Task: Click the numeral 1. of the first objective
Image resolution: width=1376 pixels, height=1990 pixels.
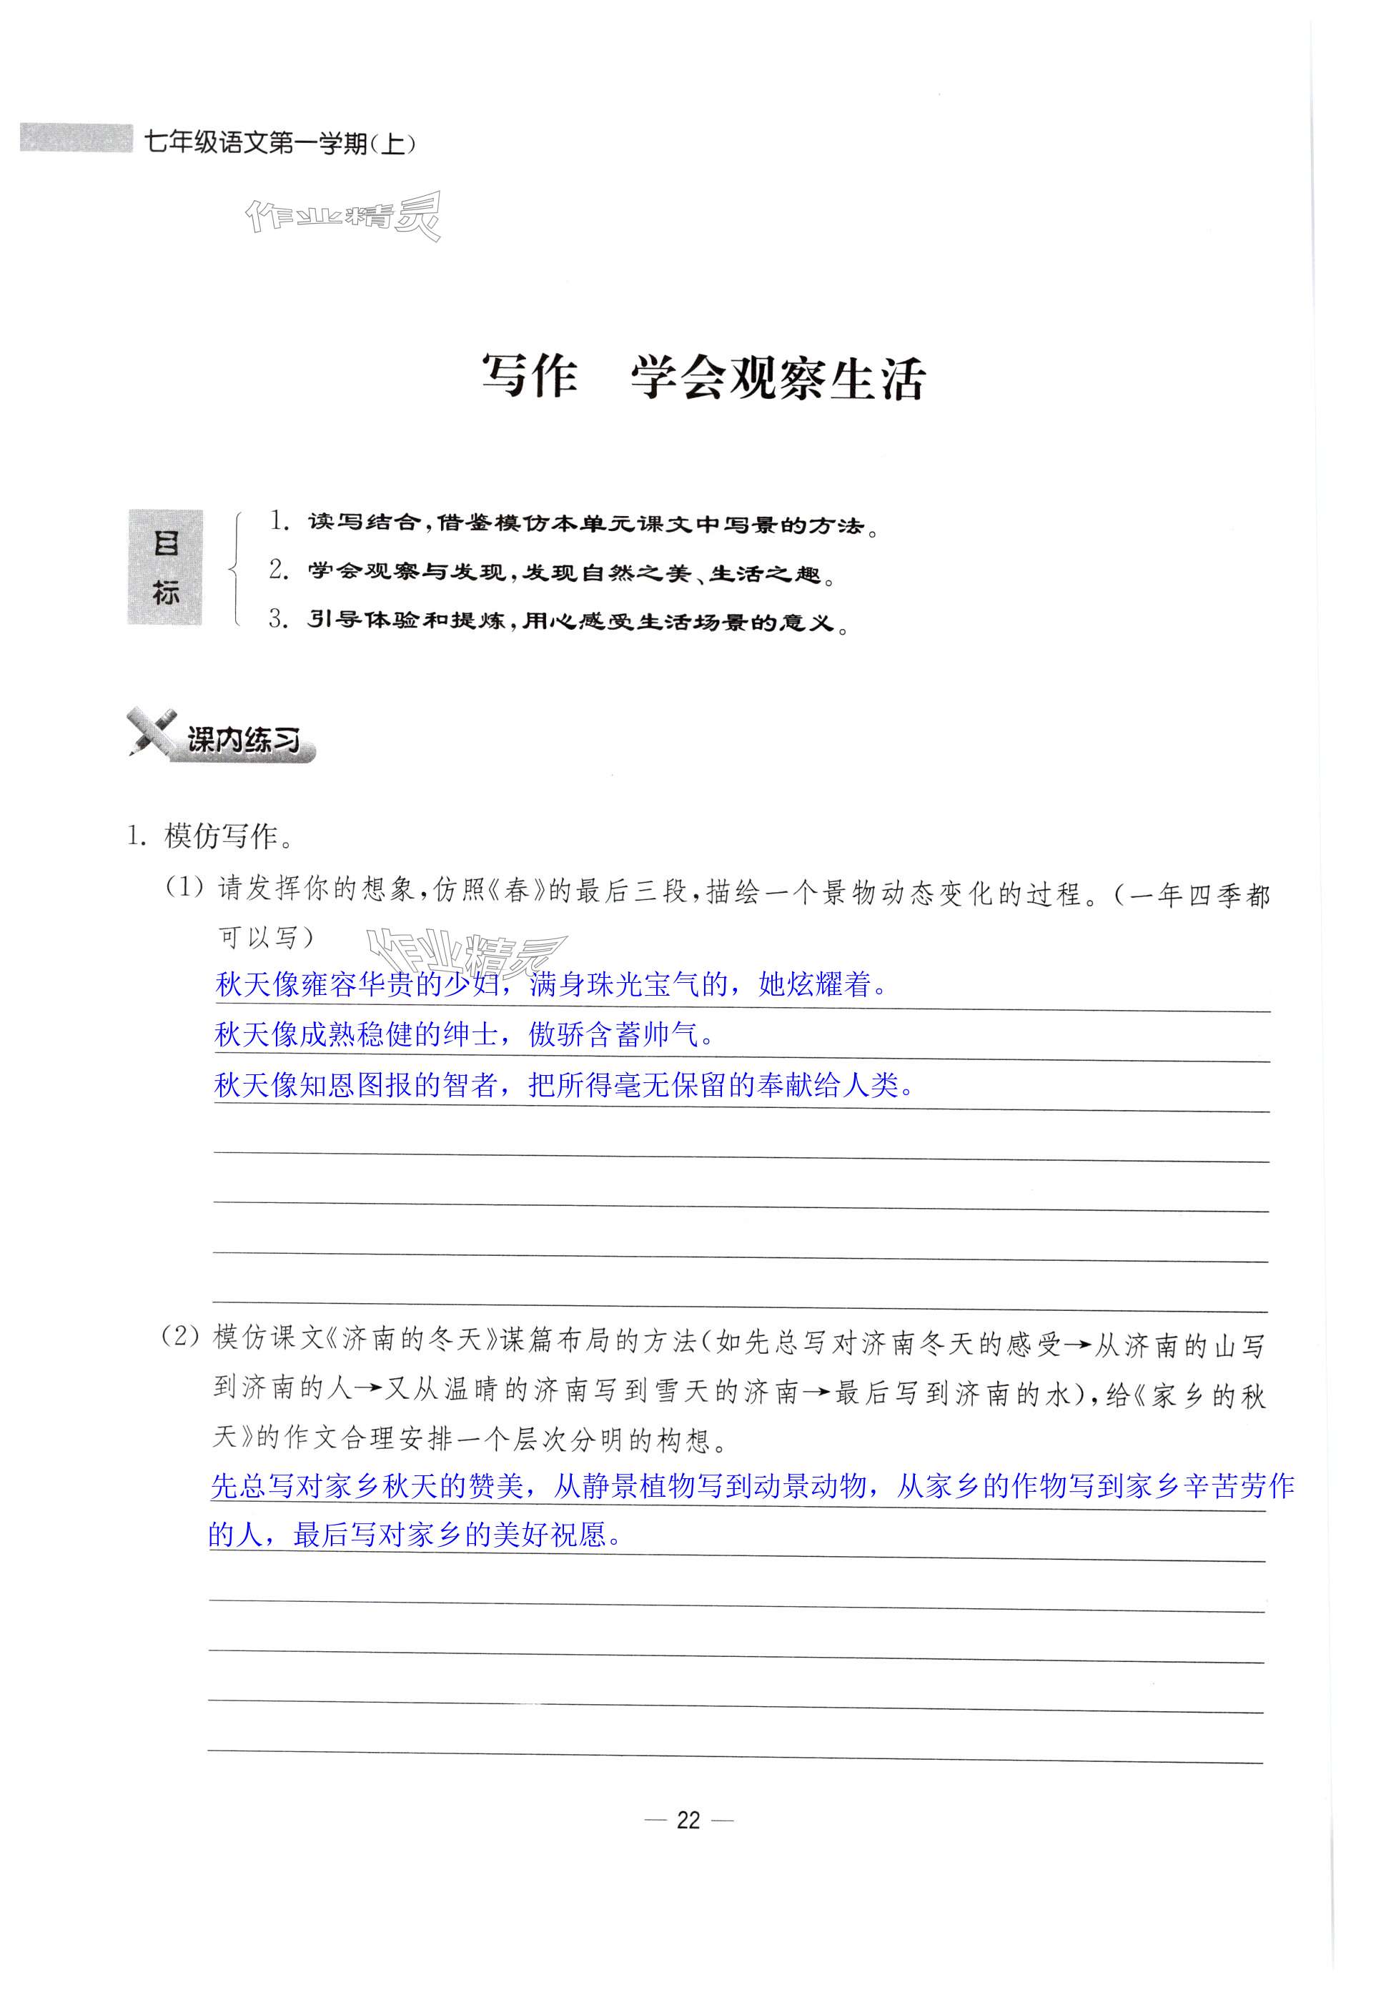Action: coord(279,521)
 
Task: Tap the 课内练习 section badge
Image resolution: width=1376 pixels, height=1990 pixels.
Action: coord(244,740)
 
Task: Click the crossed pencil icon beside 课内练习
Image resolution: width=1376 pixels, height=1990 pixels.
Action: coord(151,731)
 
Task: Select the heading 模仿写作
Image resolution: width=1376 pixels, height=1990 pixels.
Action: coord(222,836)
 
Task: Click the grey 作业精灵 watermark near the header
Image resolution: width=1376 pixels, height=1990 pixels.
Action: coord(343,217)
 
